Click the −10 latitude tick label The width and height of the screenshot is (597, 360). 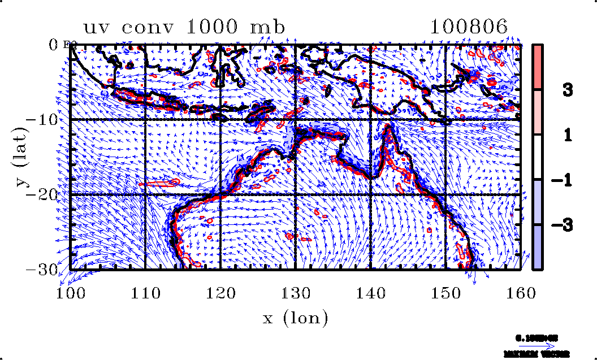48,119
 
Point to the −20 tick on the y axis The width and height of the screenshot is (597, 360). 48,194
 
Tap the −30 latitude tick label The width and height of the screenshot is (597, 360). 48,269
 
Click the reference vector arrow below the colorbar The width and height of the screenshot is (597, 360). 537,345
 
